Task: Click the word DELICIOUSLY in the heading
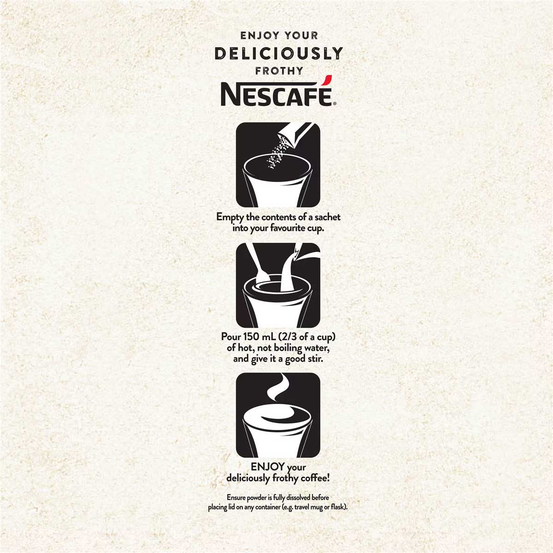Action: pyautogui.click(x=279, y=53)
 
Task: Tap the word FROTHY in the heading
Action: pyautogui.click(x=279, y=71)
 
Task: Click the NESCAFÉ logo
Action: pyautogui.click(x=278, y=92)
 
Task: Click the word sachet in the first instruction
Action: pyautogui.click(x=328, y=217)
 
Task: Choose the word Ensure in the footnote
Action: pyautogui.click(x=236, y=497)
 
